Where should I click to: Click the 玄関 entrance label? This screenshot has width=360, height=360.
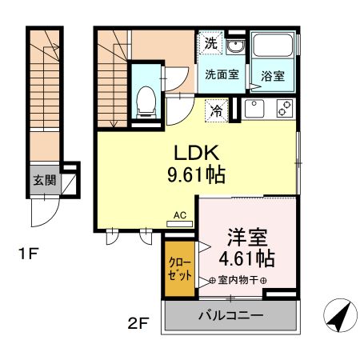pyautogui.click(x=44, y=180)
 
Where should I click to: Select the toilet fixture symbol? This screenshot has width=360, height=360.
pyautogui.click(x=146, y=98)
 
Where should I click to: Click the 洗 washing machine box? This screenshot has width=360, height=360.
pyautogui.click(x=210, y=44)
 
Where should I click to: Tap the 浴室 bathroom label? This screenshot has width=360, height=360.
pyautogui.click(x=273, y=77)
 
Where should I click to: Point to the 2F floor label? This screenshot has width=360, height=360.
pyautogui.click(x=139, y=324)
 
